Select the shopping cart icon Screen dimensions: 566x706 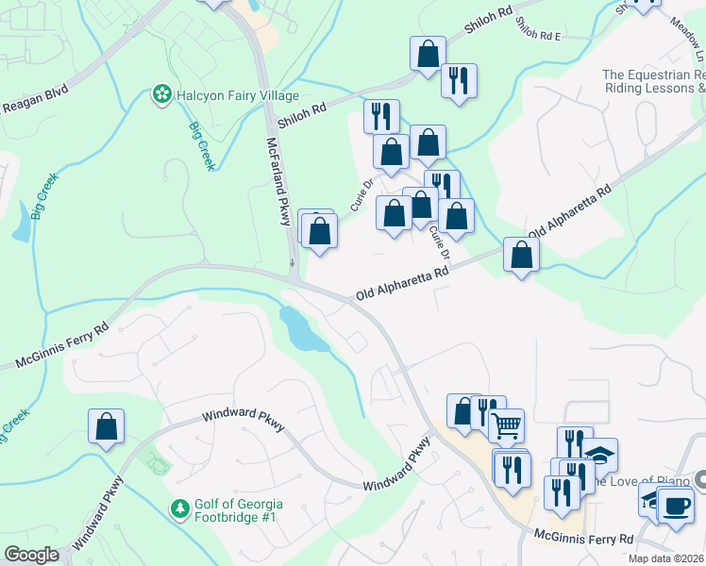point(507,426)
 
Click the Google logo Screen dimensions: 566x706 point(32,555)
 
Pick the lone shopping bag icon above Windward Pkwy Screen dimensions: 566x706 point(107,426)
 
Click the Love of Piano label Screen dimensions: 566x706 point(651,482)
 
